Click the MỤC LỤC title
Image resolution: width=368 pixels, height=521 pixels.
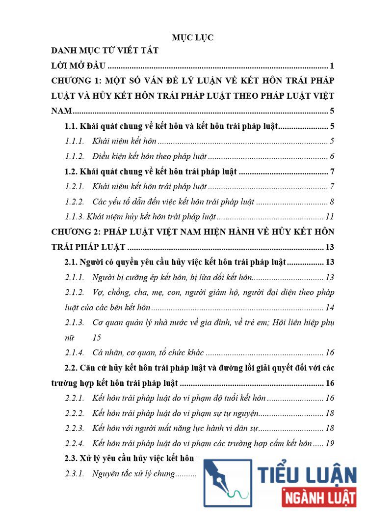pos(192,37)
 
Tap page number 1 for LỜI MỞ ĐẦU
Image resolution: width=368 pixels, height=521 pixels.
pos(332,65)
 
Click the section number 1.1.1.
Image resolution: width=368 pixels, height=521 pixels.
pos(75,142)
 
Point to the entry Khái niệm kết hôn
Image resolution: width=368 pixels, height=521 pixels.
pos(124,142)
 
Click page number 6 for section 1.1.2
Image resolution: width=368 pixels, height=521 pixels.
pos(332,157)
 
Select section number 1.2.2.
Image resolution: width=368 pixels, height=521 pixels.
pos(75,202)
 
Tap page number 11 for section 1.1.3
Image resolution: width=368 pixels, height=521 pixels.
pos(330,217)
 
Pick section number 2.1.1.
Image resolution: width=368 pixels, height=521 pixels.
pos(75,278)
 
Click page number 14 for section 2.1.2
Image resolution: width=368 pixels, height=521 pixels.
pos(330,308)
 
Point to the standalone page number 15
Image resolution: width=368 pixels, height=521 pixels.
pos(97,338)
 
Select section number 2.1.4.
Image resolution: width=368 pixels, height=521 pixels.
pos(75,352)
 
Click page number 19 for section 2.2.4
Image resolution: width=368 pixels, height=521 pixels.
pos(330,444)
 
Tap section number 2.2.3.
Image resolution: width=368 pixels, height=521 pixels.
pos(75,429)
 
